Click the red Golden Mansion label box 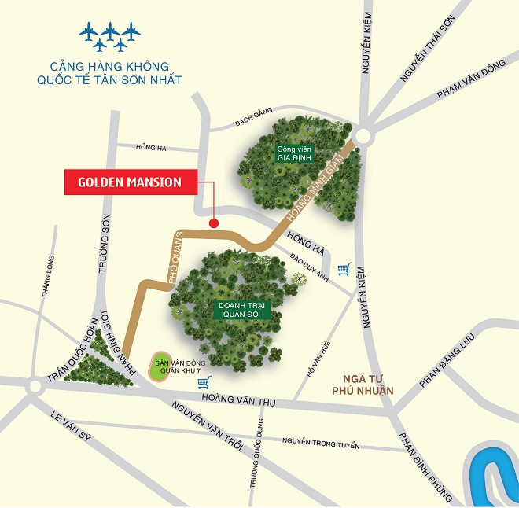point(129,182)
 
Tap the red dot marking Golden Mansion point(213,224)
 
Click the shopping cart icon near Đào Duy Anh point(344,270)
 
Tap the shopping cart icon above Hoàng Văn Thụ point(205,383)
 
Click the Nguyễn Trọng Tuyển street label point(321,445)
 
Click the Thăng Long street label point(47,278)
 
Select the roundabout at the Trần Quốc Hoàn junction point(35,386)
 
